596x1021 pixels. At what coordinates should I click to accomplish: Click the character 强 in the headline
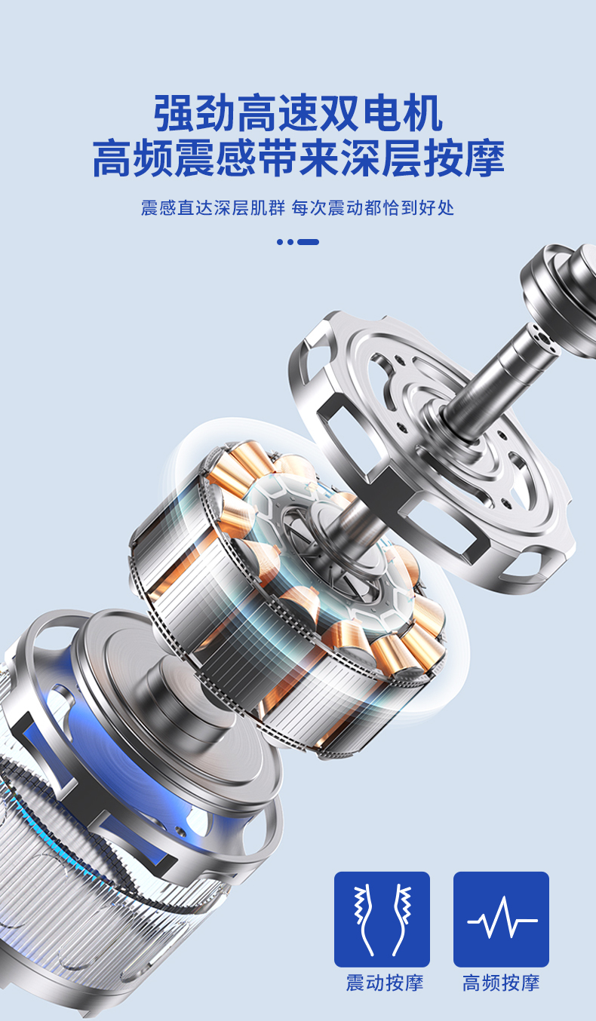coord(174,113)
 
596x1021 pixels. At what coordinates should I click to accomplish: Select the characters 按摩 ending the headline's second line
coord(464,158)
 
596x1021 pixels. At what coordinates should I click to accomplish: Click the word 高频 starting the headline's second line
coord(133,158)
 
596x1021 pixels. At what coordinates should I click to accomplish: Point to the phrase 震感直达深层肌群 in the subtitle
coord(213,208)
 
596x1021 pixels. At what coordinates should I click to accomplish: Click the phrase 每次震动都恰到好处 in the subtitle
coord(373,208)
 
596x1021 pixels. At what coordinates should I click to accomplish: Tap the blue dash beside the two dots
coord(309,242)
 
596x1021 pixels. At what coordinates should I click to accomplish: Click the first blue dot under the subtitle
coord(280,242)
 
